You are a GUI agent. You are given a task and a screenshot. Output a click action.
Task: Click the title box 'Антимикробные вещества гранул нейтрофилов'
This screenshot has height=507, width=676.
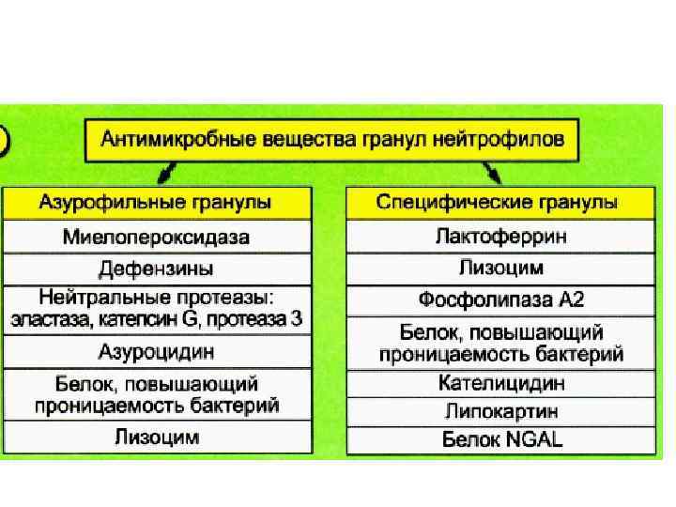(x=332, y=142)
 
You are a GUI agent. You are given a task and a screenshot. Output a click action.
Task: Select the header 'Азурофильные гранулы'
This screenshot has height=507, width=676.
(x=156, y=203)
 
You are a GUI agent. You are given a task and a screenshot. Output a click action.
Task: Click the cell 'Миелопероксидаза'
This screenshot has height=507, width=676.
(x=156, y=237)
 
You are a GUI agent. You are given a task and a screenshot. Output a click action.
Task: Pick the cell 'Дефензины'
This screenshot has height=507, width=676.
(x=156, y=269)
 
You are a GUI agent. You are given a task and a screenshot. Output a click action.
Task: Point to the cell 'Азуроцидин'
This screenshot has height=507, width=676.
(x=156, y=353)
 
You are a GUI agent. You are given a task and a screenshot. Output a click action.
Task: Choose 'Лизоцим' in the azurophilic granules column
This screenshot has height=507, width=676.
(x=156, y=437)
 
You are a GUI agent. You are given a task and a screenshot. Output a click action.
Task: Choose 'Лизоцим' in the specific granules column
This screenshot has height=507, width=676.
(x=501, y=269)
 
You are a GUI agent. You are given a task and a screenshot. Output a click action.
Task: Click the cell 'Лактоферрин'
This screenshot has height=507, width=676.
(x=501, y=237)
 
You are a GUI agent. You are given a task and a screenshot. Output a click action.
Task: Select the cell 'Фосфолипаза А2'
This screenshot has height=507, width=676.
(x=501, y=301)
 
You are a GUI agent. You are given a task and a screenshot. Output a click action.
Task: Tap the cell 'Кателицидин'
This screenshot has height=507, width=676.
(x=501, y=383)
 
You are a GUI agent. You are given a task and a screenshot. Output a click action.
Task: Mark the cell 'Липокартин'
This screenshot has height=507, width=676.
(x=501, y=410)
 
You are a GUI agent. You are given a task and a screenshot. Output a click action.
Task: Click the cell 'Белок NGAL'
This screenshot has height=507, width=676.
(x=501, y=438)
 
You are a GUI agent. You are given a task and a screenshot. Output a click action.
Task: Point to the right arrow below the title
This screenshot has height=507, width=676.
(x=493, y=173)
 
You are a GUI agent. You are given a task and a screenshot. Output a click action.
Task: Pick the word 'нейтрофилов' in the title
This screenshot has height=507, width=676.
(x=512, y=142)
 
